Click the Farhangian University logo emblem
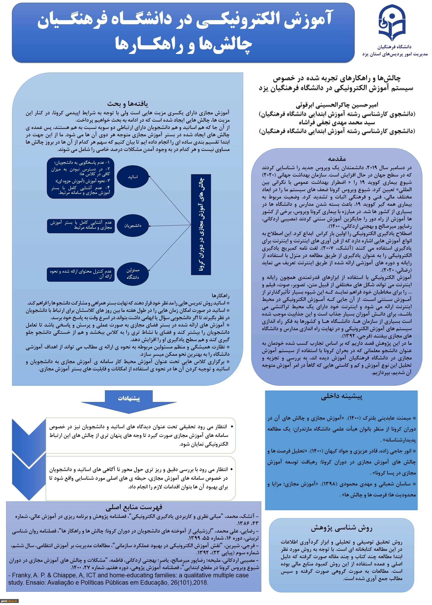click(392, 23)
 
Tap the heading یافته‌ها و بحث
click(128, 104)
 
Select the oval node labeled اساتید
click(133, 177)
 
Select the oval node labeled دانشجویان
click(133, 226)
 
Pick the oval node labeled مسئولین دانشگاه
click(133, 274)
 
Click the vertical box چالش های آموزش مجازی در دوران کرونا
click(201, 224)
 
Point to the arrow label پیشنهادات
click(129, 398)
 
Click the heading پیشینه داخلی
click(341, 396)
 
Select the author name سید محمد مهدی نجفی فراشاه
click(337, 122)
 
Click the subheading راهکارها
click(221, 296)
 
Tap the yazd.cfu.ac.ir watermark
click(9, 601)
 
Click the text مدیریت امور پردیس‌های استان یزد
click(395, 54)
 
